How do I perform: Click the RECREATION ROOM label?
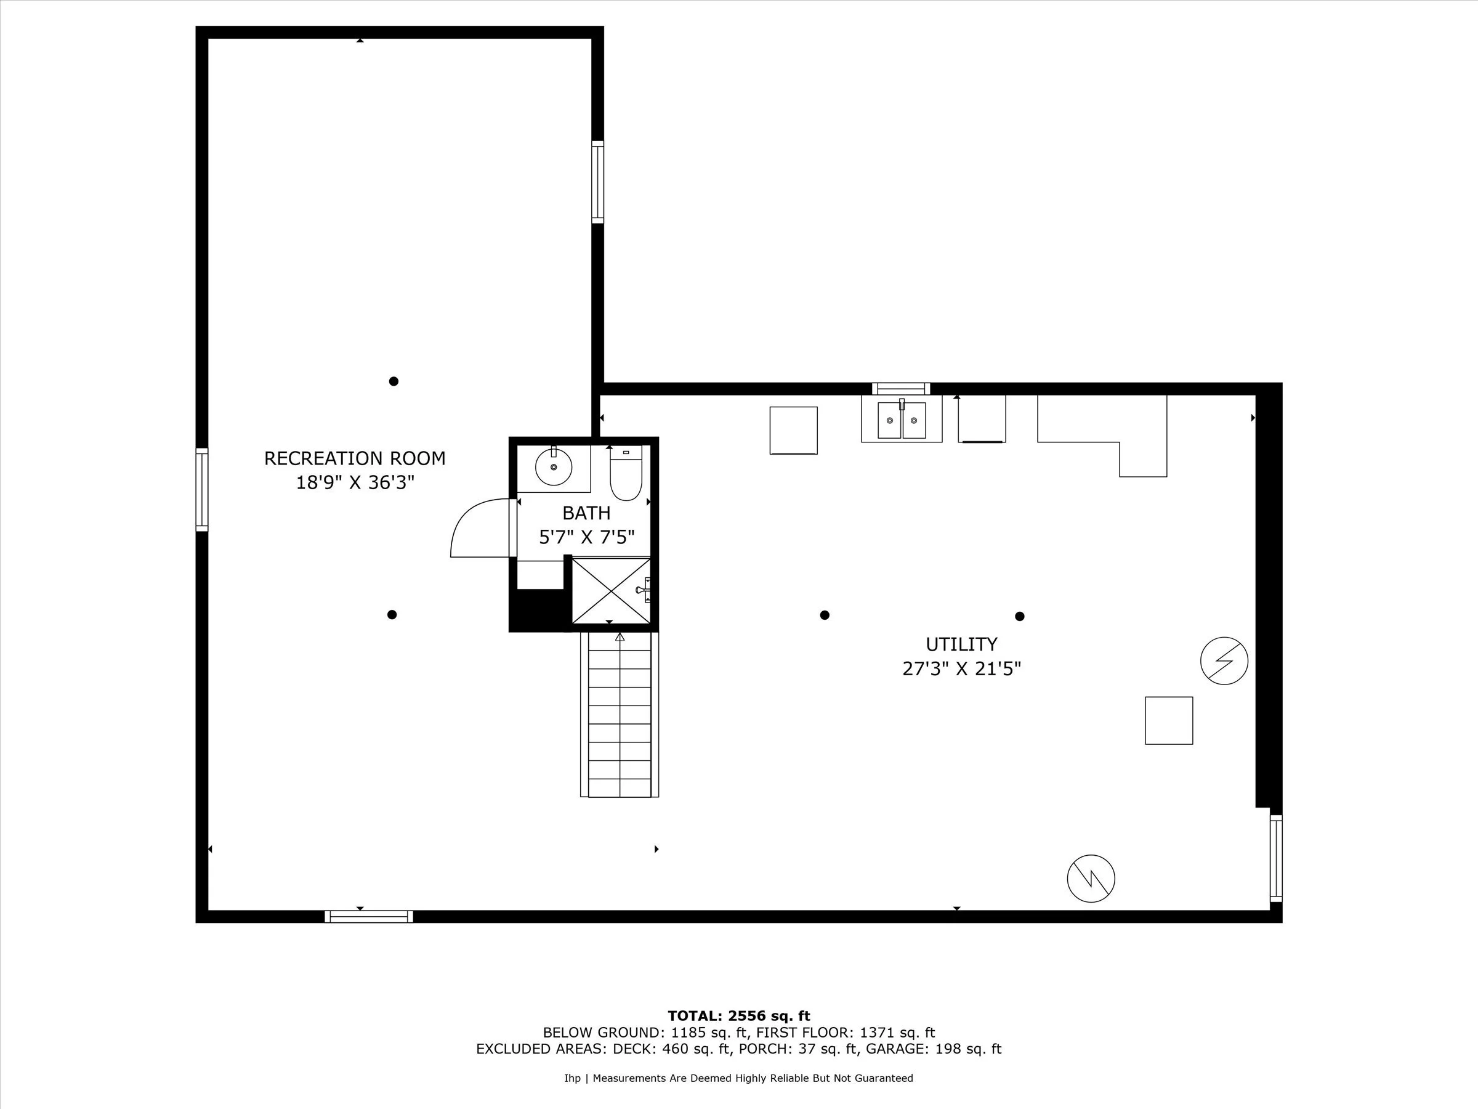(354, 458)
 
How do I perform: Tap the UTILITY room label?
(961, 644)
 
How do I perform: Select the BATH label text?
(586, 513)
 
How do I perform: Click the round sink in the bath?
(553, 467)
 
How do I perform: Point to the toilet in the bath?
(626, 474)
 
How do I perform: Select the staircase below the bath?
(620, 715)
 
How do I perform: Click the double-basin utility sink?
(902, 420)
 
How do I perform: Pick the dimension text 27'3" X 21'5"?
(961, 668)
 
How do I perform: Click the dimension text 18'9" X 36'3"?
(355, 482)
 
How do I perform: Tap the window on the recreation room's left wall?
(202, 490)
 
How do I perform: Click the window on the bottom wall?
(369, 917)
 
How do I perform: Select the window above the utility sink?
(901, 388)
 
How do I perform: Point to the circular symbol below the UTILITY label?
(1224, 660)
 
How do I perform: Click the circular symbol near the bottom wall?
(1091, 878)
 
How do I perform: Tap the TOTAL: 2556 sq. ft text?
(738, 1016)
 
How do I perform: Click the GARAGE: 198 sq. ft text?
(933, 1049)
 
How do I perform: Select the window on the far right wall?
(1275, 858)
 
